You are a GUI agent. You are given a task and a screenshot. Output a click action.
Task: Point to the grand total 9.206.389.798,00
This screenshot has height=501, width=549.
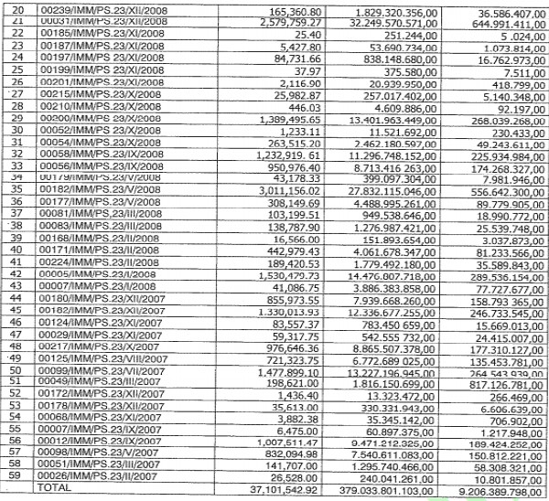495,490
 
